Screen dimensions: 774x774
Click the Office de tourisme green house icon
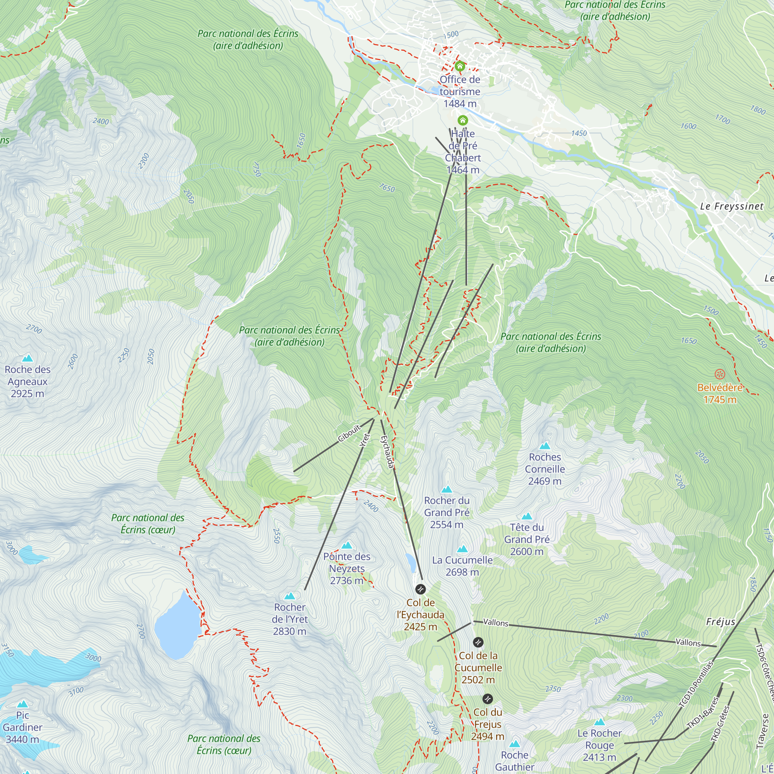pyautogui.click(x=459, y=66)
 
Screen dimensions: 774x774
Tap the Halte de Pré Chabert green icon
pyautogui.click(x=463, y=120)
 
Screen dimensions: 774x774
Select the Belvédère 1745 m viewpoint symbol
pyautogui.click(x=720, y=375)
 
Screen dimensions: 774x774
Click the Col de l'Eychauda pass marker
pyautogui.click(x=420, y=589)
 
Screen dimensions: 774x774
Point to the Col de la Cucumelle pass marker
pyautogui.click(x=478, y=642)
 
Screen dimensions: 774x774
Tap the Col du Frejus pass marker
pyautogui.click(x=488, y=699)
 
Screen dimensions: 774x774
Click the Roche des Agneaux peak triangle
pyautogui.click(x=27, y=358)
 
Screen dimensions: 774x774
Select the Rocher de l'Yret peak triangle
pyautogui.click(x=289, y=596)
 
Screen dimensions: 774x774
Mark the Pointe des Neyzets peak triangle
pyautogui.click(x=347, y=545)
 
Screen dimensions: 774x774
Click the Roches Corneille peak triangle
pyautogui.click(x=545, y=446)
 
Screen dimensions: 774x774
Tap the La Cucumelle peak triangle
pyautogui.click(x=462, y=549)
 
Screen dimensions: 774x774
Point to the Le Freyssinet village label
pyautogui.click(x=731, y=207)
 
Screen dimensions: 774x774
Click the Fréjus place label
pyautogui.click(x=720, y=622)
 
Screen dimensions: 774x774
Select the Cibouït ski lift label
pyautogui.click(x=349, y=433)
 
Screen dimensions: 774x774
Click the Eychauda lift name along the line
pyautogui.click(x=387, y=452)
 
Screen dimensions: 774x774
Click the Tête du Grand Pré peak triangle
pyautogui.click(x=527, y=516)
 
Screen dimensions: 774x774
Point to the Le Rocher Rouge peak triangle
pyautogui.click(x=599, y=722)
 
